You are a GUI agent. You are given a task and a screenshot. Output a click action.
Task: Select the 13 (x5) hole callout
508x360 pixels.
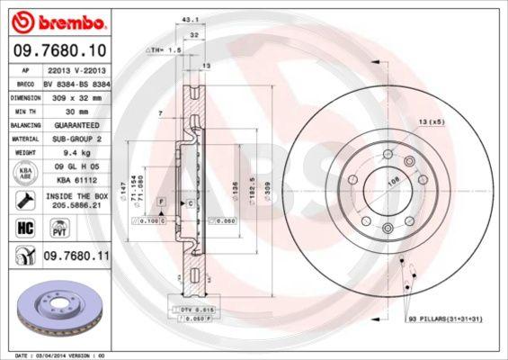click(429, 121)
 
